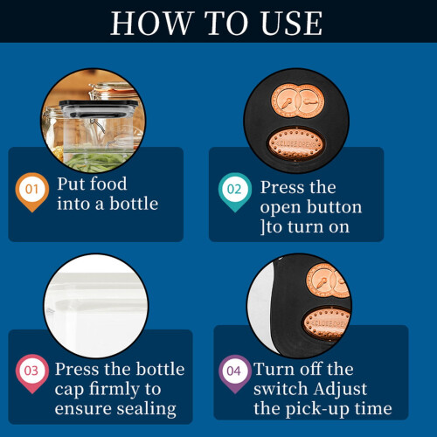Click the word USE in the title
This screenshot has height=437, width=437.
[x=292, y=23]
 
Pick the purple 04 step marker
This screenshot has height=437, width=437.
[x=235, y=374]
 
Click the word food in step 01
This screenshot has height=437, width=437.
[x=108, y=184]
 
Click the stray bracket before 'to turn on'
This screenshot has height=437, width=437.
[x=263, y=227]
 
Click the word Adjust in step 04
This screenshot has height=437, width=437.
[x=341, y=390]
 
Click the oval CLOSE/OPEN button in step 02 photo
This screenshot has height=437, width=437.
[x=295, y=144]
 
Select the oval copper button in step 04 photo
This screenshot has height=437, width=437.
[x=326, y=323]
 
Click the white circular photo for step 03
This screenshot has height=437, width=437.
[x=96, y=306]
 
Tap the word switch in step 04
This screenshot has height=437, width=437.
[x=281, y=389]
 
